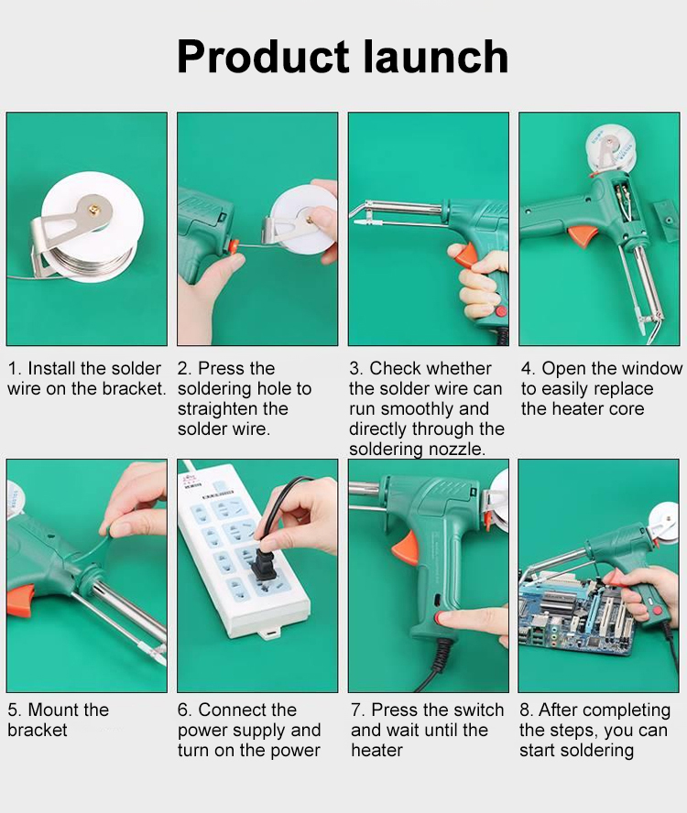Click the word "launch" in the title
[435, 57]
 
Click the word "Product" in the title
[263, 57]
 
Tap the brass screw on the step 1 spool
[94, 209]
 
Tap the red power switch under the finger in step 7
[441, 617]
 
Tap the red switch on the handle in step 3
[501, 311]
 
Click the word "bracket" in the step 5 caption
[38, 730]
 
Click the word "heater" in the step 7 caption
[376, 750]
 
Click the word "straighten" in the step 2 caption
[217, 409]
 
